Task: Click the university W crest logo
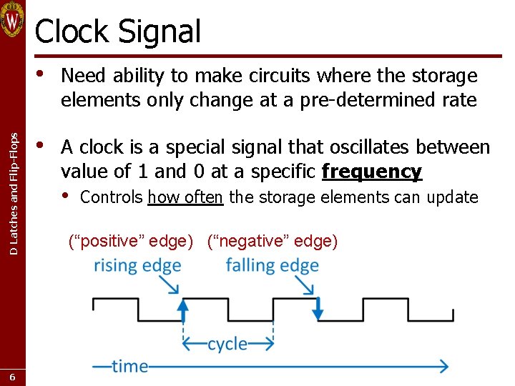click(13, 20)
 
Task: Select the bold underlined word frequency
click(372, 172)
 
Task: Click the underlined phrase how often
click(186, 197)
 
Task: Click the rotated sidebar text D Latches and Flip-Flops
click(14, 185)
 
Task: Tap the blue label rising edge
click(137, 265)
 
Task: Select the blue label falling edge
click(272, 265)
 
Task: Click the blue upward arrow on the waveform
click(183, 310)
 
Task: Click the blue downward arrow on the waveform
click(318, 310)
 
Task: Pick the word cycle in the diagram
click(227, 344)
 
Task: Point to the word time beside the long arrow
click(129, 366)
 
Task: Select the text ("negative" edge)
click(273, 241)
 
